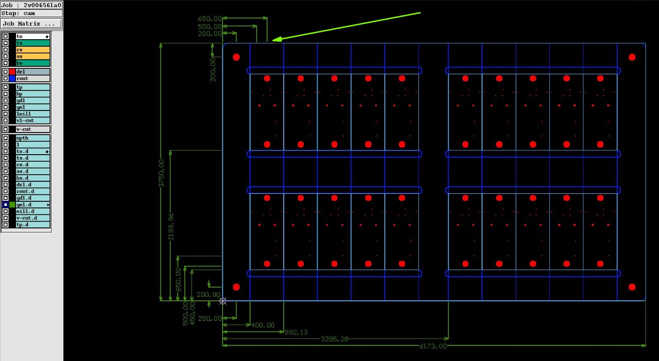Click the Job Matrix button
(32, 24)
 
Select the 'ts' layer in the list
(33, 43)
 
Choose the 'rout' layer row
(33, 78)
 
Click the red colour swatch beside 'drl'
(12, 72)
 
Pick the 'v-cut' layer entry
(33, 129)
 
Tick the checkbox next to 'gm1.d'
(6, 204)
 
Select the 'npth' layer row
(33, 138)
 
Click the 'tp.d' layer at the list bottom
(33, 224)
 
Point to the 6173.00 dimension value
(432, 346)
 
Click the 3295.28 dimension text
(334, 339)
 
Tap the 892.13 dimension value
(295, 332)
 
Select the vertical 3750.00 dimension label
(161, 173)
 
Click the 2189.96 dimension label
(171, 226)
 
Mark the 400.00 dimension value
(263, 325)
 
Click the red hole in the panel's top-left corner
(237, 57)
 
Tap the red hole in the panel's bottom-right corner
(632, 287)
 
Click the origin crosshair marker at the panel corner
(223, 301)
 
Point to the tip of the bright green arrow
(273, 40)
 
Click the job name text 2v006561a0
(42, 5)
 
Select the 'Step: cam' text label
(18, 13)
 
